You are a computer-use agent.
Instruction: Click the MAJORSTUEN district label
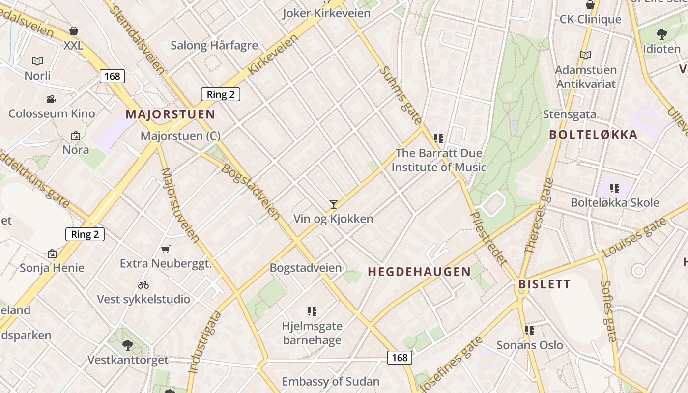click(170, 114)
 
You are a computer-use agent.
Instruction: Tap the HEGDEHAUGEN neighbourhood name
click(419, 272)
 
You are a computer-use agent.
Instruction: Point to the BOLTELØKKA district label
click(593, 135)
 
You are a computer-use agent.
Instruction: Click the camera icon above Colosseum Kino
click(51, 99)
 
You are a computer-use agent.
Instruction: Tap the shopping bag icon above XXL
click(74, 31)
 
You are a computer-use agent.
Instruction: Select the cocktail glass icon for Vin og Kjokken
click(334, 204)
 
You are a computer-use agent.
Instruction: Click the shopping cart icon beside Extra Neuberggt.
click(166, 250)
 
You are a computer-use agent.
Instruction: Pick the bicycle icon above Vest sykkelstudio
click(143, 285)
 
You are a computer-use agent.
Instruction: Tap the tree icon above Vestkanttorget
click(128, 345)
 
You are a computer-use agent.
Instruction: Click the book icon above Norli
click(37, 61)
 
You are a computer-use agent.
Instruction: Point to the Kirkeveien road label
click(273, 54)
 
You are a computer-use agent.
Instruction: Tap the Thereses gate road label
click(540, 215)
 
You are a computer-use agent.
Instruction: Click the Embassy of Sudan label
click(330, 381)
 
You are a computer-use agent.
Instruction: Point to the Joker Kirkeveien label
click(326, 13)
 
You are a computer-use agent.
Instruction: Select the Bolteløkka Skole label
click(615, 202)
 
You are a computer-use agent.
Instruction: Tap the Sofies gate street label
click(609, 310)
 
